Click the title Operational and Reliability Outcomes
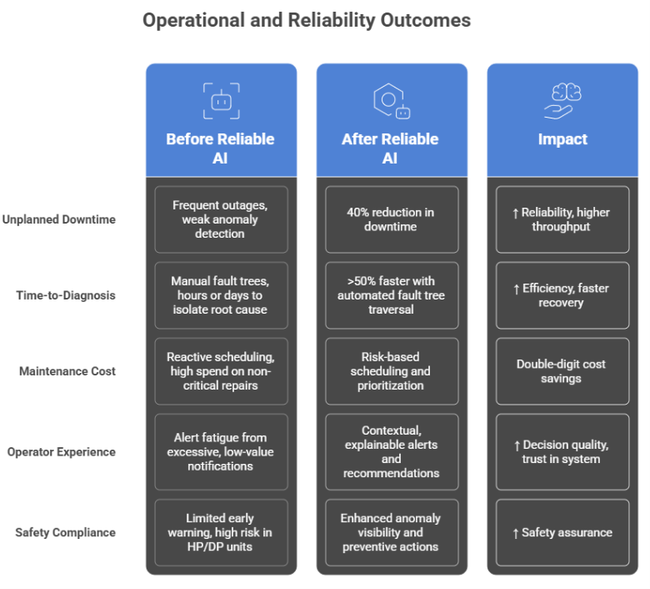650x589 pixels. pos(306,20)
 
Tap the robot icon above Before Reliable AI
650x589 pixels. pos(221,100)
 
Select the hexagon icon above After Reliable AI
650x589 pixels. pos(391,100)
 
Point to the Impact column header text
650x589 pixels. pos(562,139)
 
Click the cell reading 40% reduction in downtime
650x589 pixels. pos(391,219)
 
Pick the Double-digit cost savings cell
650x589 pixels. pos(562,371)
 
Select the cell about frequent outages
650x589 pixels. pos(221,219)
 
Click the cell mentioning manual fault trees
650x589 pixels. pos(221,295)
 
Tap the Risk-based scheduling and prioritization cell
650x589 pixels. pos(391,371)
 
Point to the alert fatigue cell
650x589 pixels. pos(221,452)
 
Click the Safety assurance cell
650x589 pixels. pos(562,532)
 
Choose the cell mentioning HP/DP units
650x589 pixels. pos(221,532)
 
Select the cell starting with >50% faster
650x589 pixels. pos(391,295)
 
